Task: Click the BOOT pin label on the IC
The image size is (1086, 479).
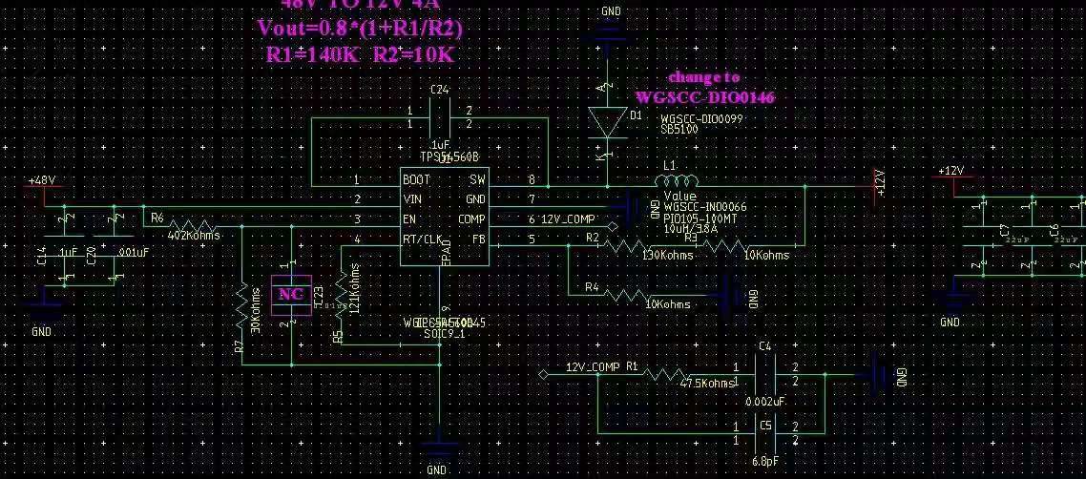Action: [x=417, y=180]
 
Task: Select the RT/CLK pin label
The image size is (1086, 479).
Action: [x=422, y=239]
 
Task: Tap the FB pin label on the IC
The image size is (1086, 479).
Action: [x=477, y=239]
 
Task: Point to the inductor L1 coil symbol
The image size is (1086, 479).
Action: [x=679, y=181]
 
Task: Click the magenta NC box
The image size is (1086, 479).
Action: [x=290, y=294]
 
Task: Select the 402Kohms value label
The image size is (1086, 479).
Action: [x=194, y=235]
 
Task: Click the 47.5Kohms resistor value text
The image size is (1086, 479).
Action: [x=708, y=384]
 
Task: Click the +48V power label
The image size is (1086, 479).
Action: [x=42, y=180]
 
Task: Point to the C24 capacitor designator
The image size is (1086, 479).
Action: [x=439, y=90]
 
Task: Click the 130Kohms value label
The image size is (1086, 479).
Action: [x=667, y=256]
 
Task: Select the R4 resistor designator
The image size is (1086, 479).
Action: [x=592, y=286]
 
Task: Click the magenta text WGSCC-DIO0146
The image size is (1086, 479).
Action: [x=705, y=97]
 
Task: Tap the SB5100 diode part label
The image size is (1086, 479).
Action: [x=679, y=130]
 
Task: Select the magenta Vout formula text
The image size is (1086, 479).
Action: [x=360, y=29]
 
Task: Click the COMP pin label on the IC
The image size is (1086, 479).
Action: [x=471, y=219]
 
